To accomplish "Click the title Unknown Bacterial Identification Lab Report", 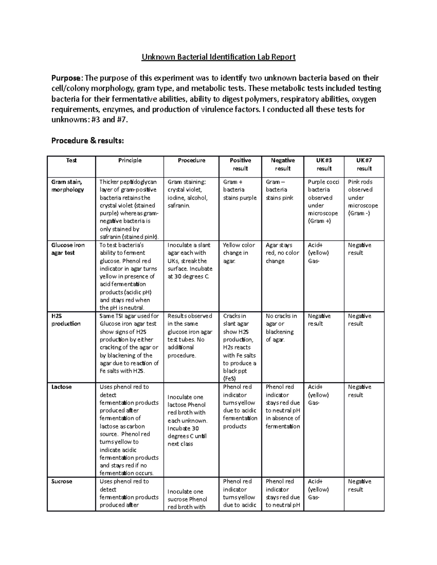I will [218, 57].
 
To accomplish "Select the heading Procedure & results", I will [87, 140].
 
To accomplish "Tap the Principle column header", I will [130, 160].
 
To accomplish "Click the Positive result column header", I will [240, 164].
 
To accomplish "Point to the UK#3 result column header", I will [324, 164].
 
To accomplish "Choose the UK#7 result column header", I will [364, 164].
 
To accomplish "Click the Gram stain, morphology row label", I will [68, 186].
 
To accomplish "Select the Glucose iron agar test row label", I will [68, 249].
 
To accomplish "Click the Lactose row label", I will [62, 387].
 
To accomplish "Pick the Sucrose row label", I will [62, 481].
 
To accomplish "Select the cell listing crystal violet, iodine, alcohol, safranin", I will [188, 194].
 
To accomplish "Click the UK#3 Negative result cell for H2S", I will [319, 320].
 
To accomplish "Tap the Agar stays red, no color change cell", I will [282, 253].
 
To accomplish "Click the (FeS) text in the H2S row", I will [229, 378].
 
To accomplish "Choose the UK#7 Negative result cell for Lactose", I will [359, 391].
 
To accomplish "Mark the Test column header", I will [71, 160].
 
